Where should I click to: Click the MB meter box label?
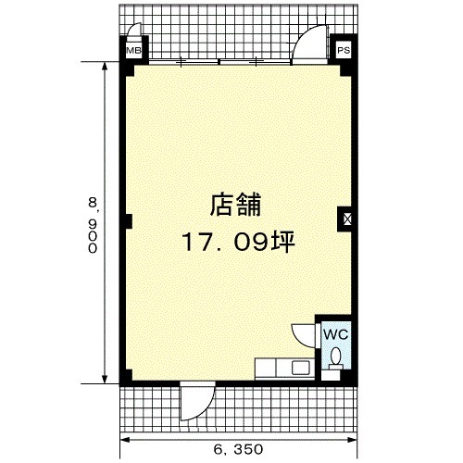click(133, 50)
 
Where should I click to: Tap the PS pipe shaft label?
click(344, 50)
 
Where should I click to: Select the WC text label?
click(336, 334)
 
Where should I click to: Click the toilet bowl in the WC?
click(335, 356)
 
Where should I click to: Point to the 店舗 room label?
click(236, 205)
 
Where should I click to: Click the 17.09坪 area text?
click(239, 242)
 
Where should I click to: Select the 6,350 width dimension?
click(238, 449)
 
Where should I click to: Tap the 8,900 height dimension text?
click(93, 225)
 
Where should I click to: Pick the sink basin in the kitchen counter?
click(301, 368)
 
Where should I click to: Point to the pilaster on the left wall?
click(129, 221)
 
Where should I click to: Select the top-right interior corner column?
click(345, 70)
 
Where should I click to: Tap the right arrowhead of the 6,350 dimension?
click(353, 440)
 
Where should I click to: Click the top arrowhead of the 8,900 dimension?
click(105, 67)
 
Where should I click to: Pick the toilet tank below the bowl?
click(335, 367)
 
